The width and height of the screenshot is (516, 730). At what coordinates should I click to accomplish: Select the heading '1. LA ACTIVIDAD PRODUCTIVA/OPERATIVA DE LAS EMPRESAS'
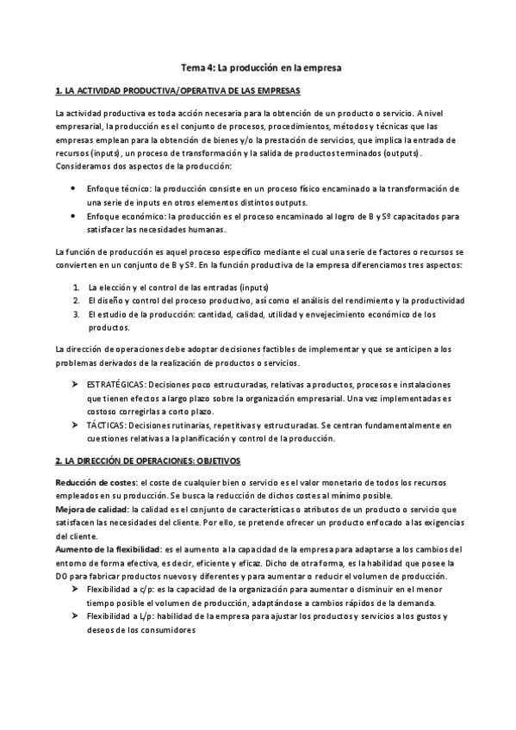(x=177, y=90)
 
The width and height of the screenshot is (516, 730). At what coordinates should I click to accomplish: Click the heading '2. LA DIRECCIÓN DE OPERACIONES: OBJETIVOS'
(x=147, y=462)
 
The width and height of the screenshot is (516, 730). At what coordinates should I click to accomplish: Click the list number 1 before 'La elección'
(x=76, y=286)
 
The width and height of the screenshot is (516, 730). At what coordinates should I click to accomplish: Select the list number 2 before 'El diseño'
(x=76, y=300)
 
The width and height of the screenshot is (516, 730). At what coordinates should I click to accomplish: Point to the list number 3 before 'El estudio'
(x=76, y=314)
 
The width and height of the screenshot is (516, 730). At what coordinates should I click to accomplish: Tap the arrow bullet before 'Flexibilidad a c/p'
(x=76, y=590)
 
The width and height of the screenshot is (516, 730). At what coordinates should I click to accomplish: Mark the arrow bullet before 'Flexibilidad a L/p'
(x=76, y=617)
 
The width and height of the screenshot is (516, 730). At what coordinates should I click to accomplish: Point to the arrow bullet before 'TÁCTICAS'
(x=76, y=424)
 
